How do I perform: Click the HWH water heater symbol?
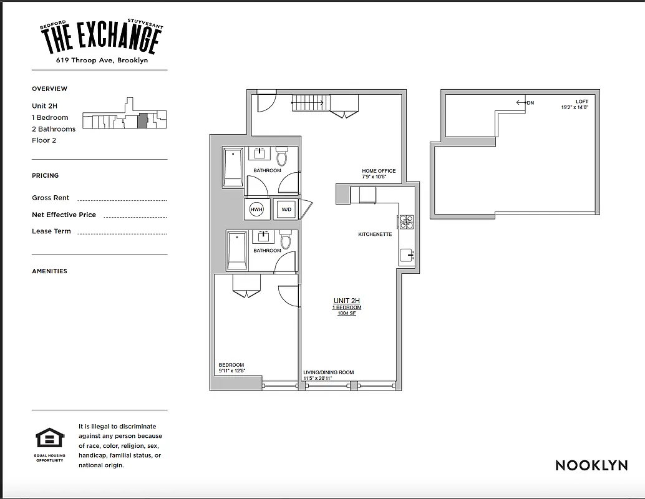point(256,210)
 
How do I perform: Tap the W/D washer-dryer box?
point(286,210)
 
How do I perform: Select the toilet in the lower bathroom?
point(286,240)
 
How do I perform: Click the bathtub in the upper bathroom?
point(233,167)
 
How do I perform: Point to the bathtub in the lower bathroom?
point(236,250)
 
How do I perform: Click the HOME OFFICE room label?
point(379,171)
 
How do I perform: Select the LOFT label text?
point(582,102)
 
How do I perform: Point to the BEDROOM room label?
point(231,365)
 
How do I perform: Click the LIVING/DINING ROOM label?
point(328,372)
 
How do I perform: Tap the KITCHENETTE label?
point(375,235)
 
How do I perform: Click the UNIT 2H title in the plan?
point(346,301)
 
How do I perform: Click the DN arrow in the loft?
point(525,102)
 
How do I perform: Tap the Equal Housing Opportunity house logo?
point(50,438)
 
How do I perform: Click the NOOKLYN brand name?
point(591,465)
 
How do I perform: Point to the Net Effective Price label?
point(64,215)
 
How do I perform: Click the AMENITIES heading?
point(49,271)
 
